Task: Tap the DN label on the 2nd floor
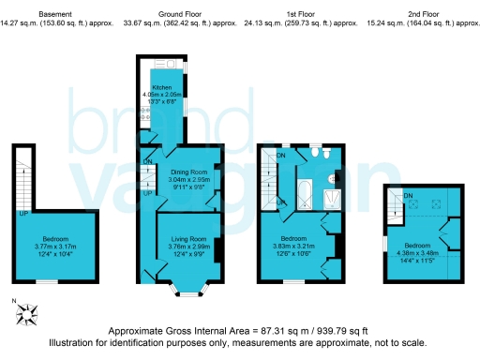[407, 195]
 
